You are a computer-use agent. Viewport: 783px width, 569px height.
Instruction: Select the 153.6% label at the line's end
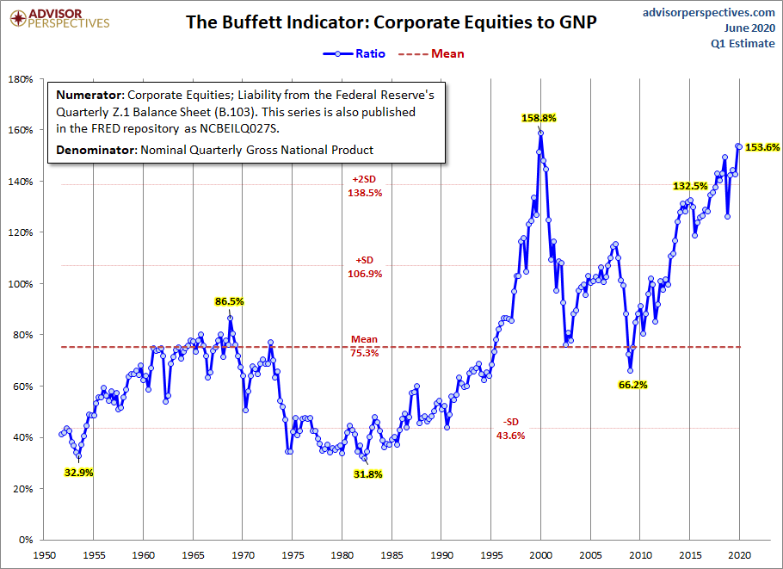tap(762, 147)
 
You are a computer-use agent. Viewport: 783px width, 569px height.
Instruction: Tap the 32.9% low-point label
tap(77, 472)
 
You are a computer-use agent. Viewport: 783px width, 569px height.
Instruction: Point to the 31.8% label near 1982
tap(367, 473)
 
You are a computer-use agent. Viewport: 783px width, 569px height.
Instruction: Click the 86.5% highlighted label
tap(230, 302)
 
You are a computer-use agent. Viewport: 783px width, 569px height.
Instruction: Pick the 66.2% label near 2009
tap(632, 385)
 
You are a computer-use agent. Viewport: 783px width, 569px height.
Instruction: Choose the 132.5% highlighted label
tap(690, 186)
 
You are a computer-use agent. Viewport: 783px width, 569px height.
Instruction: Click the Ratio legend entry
tap(354, 53)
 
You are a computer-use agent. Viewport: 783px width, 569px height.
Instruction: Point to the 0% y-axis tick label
tap(25, 540)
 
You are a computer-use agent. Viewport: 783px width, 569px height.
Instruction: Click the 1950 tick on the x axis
tap(45, 556)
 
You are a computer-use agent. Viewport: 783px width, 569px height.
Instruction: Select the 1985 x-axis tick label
tap(392, 556)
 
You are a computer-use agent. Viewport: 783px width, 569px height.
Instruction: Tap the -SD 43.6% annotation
tap(510, 429)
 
